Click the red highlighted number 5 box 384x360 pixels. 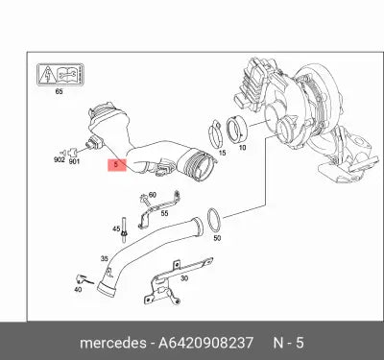[117, 165]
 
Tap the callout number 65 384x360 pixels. [59, 91]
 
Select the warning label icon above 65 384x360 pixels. [60, 75]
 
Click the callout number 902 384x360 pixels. [60, 159]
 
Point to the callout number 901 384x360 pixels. [74, 161]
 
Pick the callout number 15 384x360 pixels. [222, 153]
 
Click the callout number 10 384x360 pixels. [242, 148]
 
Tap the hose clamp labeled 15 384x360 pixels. [216, 134]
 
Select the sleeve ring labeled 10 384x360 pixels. [236, 131]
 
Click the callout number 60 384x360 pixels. [153, 195]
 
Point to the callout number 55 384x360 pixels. [164, 213]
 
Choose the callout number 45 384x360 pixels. [116, 229]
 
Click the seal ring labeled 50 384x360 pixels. [214, 220]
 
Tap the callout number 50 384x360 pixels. [217, 238]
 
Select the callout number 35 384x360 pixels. [105, 258]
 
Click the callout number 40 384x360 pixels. [78, 290]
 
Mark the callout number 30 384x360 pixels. [184, 278]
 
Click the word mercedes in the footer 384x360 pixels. [113, 343]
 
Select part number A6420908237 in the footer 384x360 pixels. [205, 343]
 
